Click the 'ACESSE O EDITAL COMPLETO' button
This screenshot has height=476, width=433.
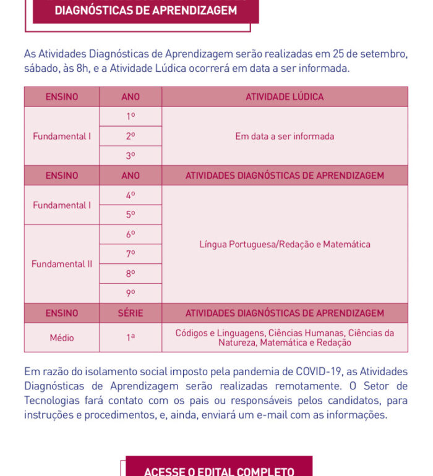(219, 469)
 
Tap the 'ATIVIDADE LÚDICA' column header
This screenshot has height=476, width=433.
(285, 96)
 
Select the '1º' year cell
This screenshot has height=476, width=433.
(131, 116)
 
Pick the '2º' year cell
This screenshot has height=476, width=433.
(131, 136)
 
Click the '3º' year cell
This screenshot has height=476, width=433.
(131, 156)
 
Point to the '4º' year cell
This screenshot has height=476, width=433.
(131, 195)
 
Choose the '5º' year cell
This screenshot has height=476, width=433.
(131, 215)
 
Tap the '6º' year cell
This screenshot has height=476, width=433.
(131, 234)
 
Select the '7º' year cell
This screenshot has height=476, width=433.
(131, 254)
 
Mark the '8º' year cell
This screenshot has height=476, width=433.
(131, 273)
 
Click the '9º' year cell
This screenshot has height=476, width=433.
(131, 293)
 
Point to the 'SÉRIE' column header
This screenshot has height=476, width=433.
(131, 313)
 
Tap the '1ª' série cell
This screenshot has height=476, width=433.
(131, 338)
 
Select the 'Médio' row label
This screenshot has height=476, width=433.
(62, 338)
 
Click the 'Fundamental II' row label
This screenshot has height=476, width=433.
(62, 264)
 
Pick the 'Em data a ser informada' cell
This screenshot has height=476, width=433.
(285, 136)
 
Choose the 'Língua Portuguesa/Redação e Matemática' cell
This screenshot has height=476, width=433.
(285, 244)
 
